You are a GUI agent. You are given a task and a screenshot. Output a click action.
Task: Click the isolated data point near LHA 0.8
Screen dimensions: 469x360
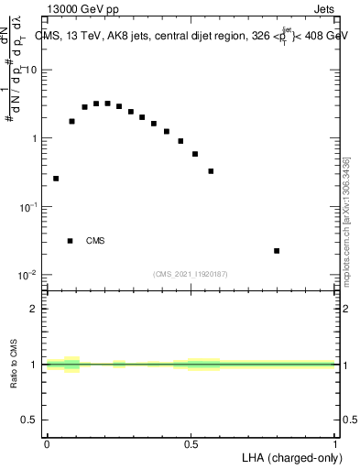[277, 250]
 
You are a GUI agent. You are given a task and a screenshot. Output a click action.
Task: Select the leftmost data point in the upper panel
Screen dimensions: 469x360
[56, 179]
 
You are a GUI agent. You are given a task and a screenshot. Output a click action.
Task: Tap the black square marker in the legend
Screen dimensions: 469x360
[70, 241]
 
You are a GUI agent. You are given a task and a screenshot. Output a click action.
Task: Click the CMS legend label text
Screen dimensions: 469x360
[95, 241]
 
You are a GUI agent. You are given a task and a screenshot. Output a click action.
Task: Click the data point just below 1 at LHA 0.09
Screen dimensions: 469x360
[71, 121]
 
